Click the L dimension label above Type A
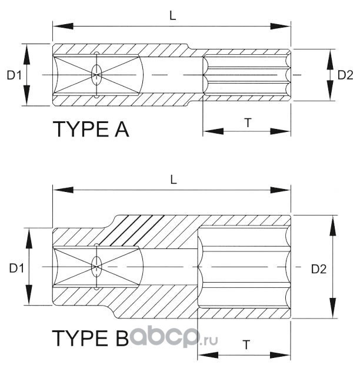(x=173, y=16)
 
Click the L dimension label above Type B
(x=174, y=180)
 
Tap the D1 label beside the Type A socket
(x=14, y=75)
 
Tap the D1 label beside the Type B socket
(x=16, y=268)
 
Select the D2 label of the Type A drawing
(x=345, y=75)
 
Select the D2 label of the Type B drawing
(x=319, y=269)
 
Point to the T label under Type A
(x=248, y=122)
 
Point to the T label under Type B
(x=246, y=345)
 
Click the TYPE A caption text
(x=91, y=130)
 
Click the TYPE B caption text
(x=90, y=338)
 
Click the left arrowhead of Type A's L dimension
(x=63, y=26)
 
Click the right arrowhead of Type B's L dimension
(x=280, y=190)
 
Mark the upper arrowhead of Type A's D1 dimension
(x=26, y=54)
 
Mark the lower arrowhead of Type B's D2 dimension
(x=333, y=308)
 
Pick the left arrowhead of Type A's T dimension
(x=213, y=131)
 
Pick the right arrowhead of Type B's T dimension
(x=280, y=355)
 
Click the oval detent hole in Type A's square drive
(x=97, y=75)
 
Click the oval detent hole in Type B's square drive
(x=96, y=267)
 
